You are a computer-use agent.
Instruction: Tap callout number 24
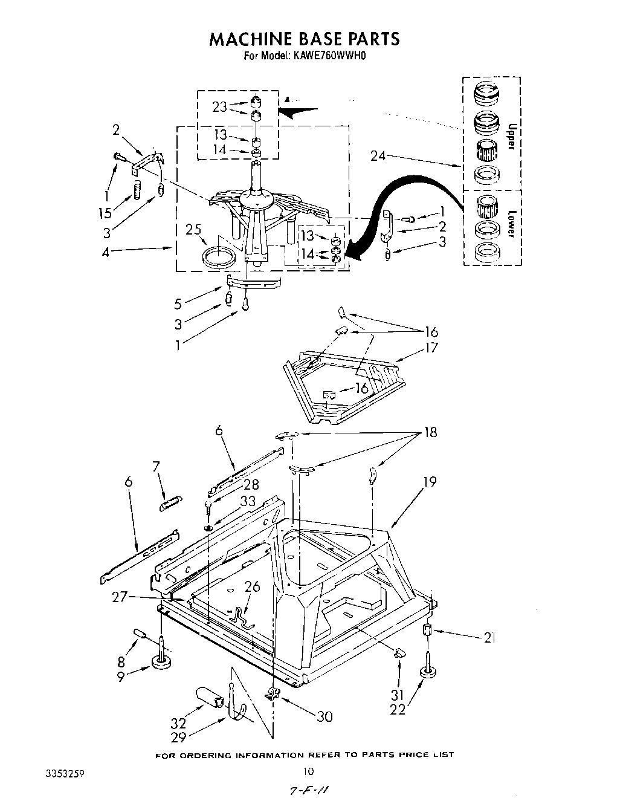pos(378,157)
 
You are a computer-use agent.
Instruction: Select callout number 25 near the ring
pos(193,230)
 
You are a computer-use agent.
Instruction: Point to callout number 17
pos(431,348)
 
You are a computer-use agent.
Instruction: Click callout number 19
pos(430,482)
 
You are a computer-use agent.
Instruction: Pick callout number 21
pos(489,637)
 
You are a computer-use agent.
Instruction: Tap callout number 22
pos(398,710)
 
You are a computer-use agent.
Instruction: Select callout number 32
pos(179,722)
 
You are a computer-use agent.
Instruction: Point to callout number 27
pos(119,597)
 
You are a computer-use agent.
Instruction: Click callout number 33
pos(248,501)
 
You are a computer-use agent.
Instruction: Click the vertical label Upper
pos(511,137)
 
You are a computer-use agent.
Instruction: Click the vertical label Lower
pos(511,223)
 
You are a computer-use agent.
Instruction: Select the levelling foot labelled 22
pos(428,672)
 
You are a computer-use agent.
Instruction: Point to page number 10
pos(309,771)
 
